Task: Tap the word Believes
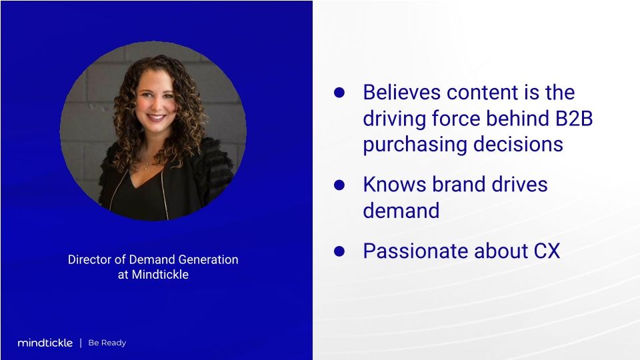tap(402, 92)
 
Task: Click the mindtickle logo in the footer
tap(45, 343)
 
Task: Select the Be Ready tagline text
tap(107, 343)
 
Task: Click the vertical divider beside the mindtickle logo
tap(81, 343)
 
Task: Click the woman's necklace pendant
tap(146, 164)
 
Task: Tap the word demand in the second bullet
tap(401, 211)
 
